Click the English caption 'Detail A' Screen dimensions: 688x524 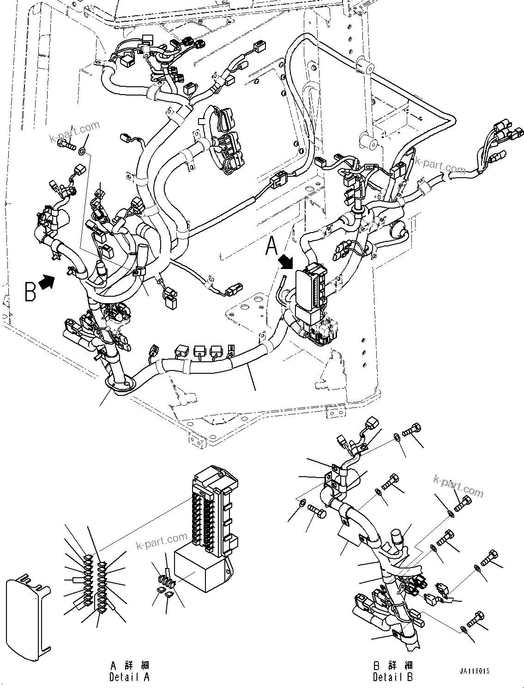tap(129, 677)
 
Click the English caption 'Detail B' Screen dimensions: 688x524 tap(393, 677)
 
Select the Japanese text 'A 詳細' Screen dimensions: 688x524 tap(130, 665)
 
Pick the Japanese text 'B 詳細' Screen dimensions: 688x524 tap(393, 665)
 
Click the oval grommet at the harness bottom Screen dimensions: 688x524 tap(118, 384)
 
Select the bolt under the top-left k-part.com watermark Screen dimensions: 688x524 tap(66, 145)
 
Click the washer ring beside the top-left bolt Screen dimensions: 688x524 tap(82, 150)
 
